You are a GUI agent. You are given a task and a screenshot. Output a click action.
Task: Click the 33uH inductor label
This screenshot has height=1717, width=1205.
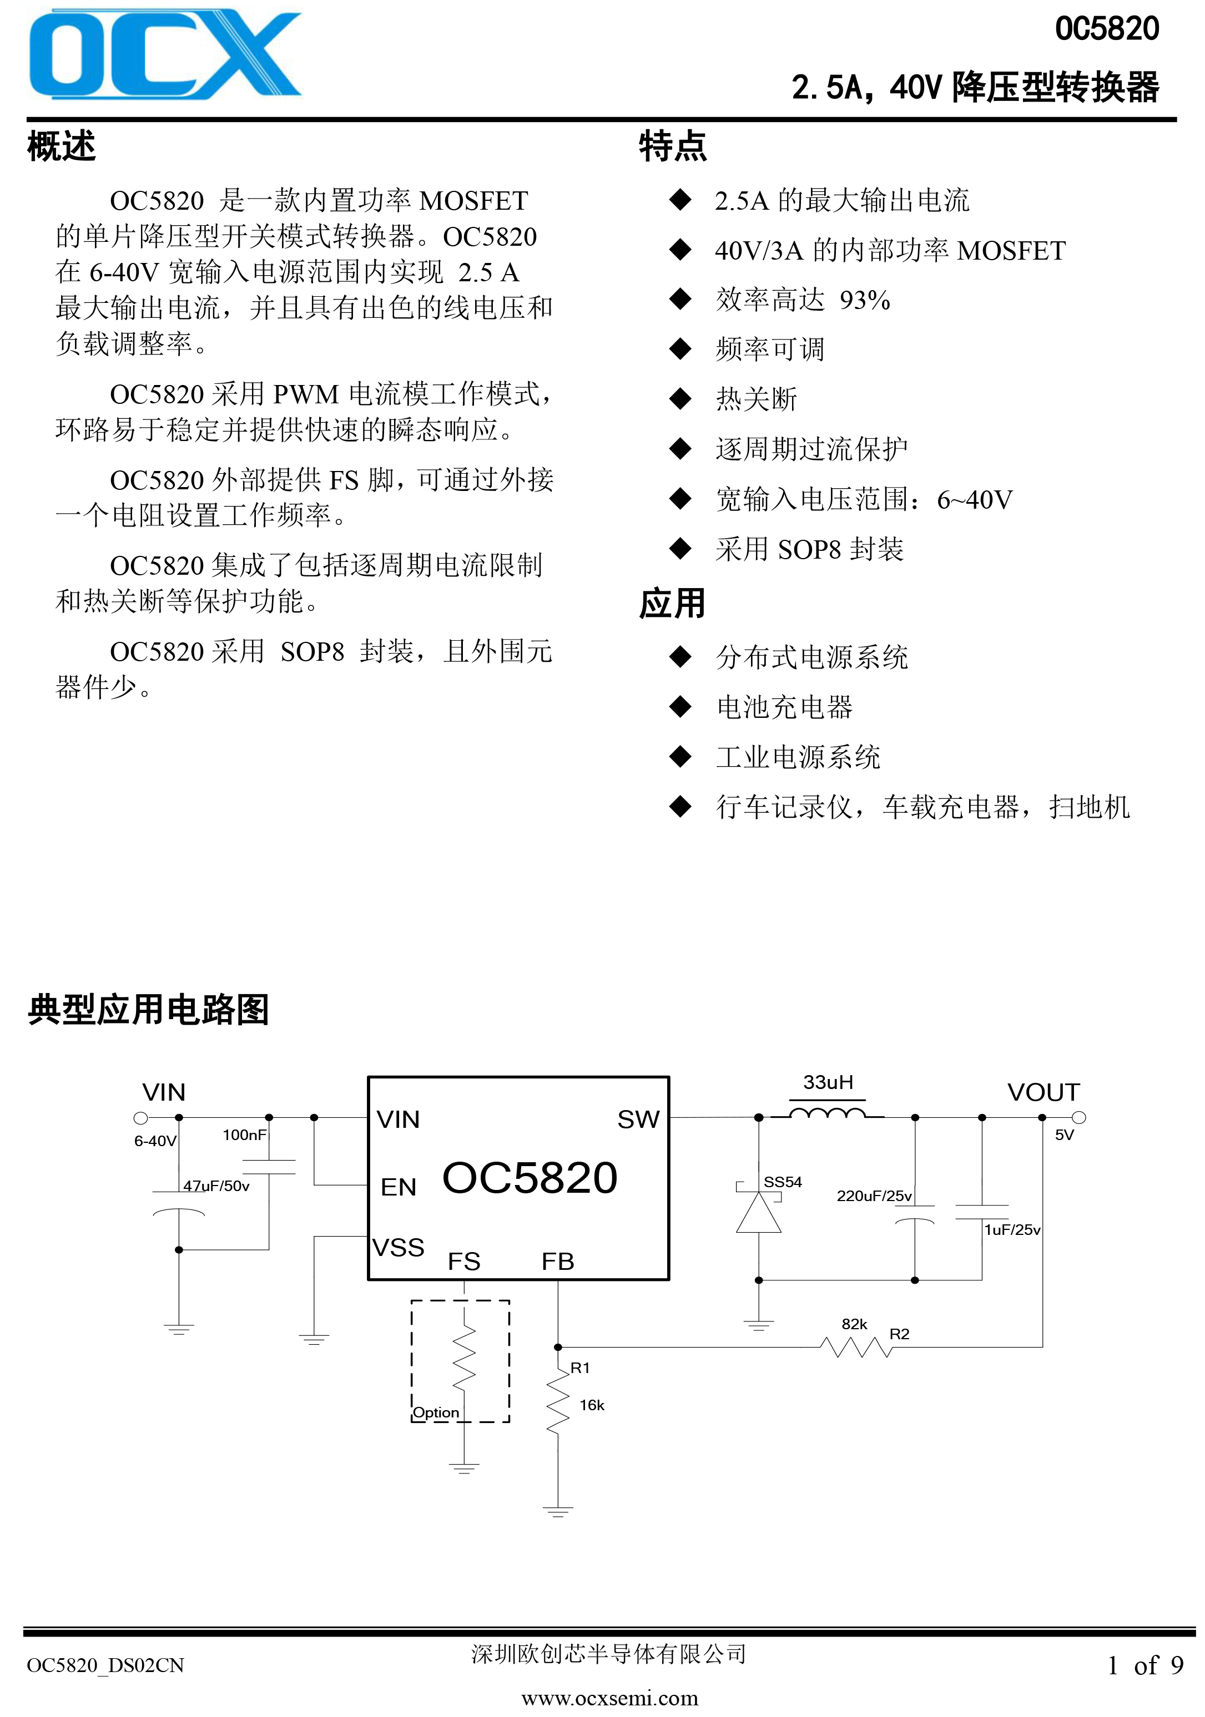point(828,1082)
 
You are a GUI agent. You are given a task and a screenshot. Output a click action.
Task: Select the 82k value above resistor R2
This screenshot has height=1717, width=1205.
point(854,1324)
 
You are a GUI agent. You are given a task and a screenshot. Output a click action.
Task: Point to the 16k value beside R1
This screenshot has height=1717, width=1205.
point(592,1405)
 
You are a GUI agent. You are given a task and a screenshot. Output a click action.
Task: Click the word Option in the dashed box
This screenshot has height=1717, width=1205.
point(436,1412)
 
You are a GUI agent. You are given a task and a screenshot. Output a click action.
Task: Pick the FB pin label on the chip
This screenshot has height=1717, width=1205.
point(558,1262)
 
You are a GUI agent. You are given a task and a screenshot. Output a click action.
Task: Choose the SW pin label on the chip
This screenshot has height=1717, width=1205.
point(638,1120)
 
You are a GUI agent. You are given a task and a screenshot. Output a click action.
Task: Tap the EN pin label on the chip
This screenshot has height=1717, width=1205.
point(398,1188)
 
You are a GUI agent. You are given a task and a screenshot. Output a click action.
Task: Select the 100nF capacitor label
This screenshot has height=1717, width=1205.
point(245,1134)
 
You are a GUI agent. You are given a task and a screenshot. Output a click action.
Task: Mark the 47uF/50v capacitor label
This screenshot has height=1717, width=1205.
point(216,1186)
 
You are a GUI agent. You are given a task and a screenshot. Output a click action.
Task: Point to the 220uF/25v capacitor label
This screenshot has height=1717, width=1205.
point(874,1196)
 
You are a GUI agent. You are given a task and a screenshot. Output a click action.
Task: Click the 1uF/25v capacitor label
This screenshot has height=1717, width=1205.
point(1012,1229)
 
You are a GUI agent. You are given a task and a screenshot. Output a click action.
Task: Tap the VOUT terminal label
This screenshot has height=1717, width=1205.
point(1043,1092)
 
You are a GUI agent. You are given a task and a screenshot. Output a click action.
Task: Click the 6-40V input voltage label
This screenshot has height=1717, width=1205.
point(155,1141)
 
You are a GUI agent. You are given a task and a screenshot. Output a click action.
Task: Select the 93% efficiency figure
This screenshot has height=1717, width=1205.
point(865,300)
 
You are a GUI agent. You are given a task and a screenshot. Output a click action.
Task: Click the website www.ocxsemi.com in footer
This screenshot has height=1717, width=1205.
point(609,1698)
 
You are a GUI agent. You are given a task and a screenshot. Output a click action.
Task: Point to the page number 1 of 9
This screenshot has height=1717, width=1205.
point(1145,1665)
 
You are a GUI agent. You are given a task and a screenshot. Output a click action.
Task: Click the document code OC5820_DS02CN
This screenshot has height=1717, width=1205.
point(105,1665)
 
